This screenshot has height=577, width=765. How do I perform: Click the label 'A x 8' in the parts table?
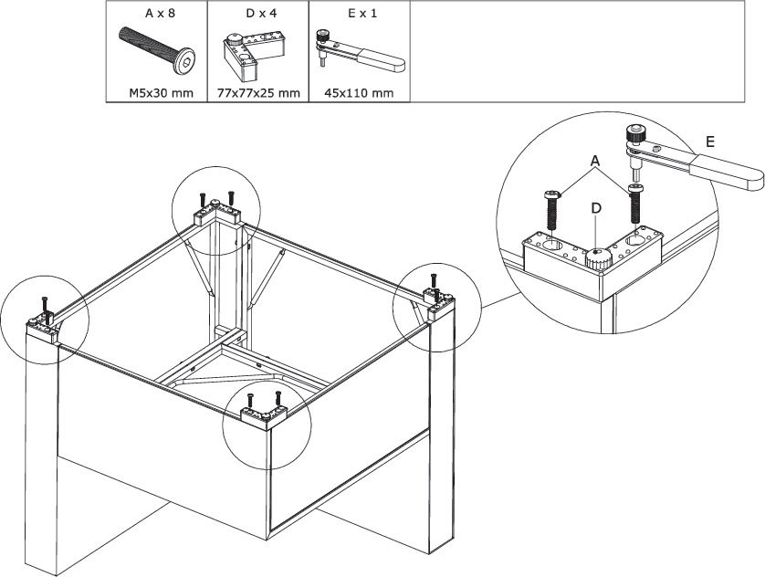(x=156, y=16)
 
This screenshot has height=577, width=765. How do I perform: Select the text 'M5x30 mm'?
(x=156, y=92)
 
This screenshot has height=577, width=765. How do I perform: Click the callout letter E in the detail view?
(x=709, y=142)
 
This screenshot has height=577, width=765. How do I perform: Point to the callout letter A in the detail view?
(x=595, y=162)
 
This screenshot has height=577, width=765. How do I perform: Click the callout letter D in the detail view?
(x=595, y=208)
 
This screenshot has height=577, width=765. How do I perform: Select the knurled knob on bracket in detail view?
(x=597, y=259)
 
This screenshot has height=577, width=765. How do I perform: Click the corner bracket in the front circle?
(x=264, y=415)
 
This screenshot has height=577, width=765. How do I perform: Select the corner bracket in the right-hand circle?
(x=438, y=299)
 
